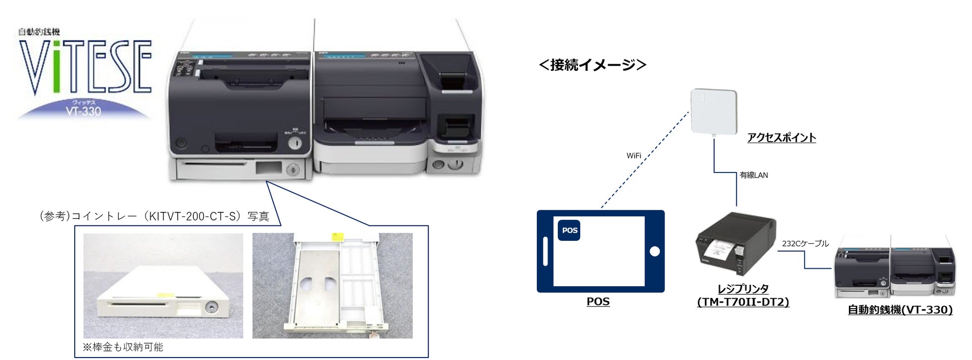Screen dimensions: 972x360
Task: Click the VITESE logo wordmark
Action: tap(85, 67)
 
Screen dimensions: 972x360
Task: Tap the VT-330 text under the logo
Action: tap(83, 111)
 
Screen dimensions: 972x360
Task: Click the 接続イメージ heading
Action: tap(593, 65)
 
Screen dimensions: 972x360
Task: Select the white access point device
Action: tap(713, 112)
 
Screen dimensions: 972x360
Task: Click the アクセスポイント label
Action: tap(781, 138)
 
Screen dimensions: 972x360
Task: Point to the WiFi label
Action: tap(634, 156)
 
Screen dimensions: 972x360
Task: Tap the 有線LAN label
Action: tap(754, 175)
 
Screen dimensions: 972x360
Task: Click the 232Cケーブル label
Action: tap(805, 243)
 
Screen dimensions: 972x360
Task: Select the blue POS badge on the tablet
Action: tap(569, 230)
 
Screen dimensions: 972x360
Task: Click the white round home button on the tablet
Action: tap(654, 251)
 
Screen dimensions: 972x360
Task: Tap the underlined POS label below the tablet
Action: tap(598, 302)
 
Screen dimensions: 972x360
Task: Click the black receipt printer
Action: tap(735, 244)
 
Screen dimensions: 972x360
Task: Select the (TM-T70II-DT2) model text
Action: tap(743, 302)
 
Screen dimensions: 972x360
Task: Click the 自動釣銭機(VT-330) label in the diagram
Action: tap(900, 310)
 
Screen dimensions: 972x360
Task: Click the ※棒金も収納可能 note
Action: tap(123, 347)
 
